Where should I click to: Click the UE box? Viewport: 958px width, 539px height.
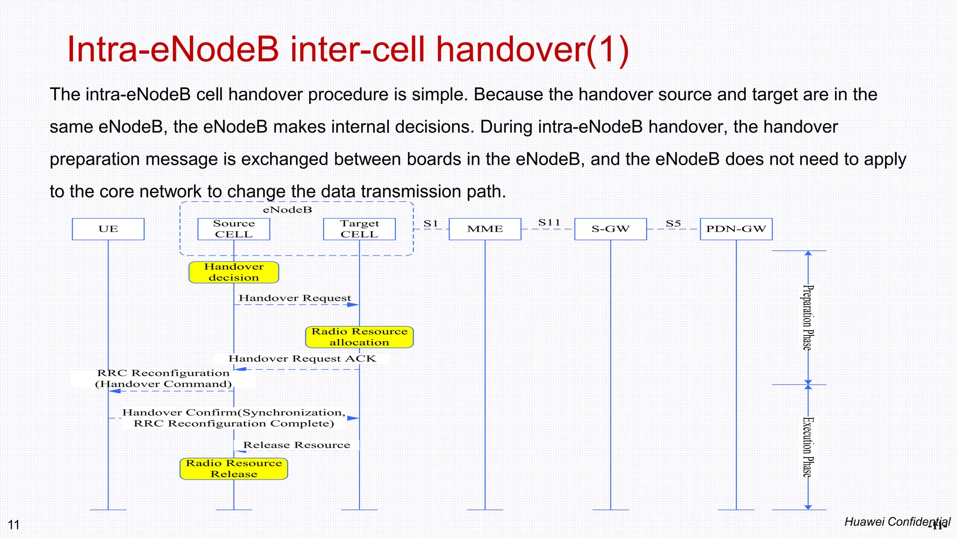pos(108,229)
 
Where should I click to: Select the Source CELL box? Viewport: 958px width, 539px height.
pos(233,229)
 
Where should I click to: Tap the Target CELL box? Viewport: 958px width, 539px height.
pos(359,229)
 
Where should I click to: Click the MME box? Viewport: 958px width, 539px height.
pos(485,229)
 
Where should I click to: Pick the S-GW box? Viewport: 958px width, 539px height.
pos(610,229)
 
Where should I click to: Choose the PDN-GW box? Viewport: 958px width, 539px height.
pos(736,229)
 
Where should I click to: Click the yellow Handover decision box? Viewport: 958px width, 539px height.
pos(233,272)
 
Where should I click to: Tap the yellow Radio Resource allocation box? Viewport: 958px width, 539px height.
pos(359,337)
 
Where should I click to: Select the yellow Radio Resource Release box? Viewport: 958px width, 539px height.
pos(233,468)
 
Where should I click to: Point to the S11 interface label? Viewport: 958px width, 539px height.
pos(549,223)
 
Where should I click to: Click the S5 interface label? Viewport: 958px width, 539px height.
pos(673,224)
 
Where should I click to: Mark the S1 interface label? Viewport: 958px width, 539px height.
pos(430,224)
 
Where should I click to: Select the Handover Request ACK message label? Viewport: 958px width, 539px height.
pos(302,358)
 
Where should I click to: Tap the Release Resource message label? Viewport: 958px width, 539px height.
pos(297,445)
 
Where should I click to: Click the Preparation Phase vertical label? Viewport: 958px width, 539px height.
pos(807,318)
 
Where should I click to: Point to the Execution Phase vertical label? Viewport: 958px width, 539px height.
pos(807,447)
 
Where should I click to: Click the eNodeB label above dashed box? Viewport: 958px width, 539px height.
pos(287,210)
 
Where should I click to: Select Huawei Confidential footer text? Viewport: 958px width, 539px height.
pos(897,522)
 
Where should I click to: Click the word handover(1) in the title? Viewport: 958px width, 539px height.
pos(532,50)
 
